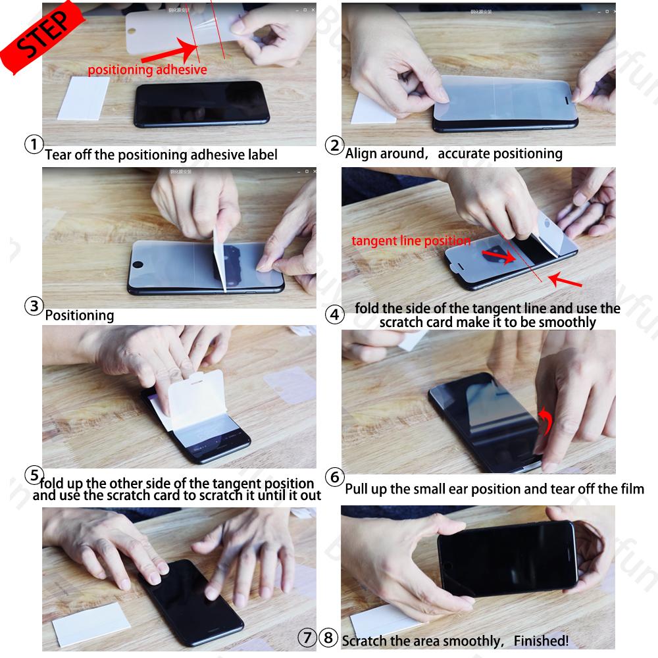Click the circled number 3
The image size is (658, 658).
(34, 306)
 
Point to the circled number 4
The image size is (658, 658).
(335, 315)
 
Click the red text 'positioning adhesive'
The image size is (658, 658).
(147, 70)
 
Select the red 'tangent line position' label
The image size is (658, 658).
(411, 241)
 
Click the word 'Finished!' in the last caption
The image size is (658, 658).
(541, 640)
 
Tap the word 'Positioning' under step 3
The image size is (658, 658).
(79, 315)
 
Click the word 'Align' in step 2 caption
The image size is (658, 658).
(361, 154)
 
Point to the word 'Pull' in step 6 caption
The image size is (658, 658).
(358, 489)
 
